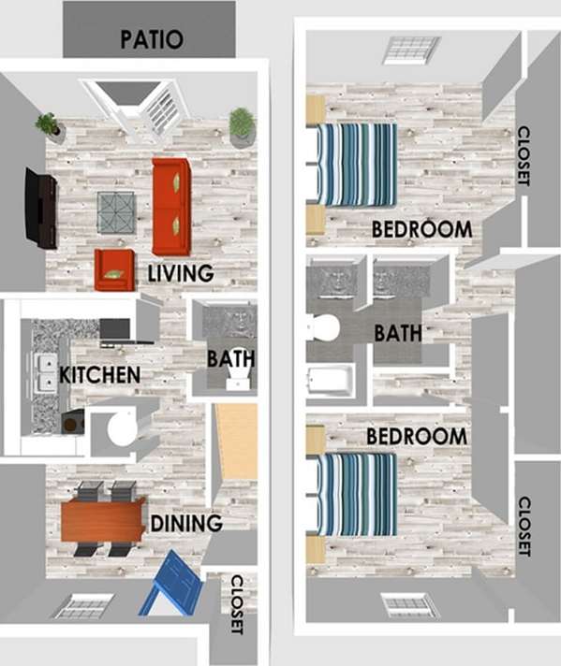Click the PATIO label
tap(151, 40)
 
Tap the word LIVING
tap(181, 274)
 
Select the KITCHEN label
tap(99, 375)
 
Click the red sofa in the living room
tap(171, 207)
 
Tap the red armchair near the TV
tap(113, 269)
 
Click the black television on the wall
tap(40, 208)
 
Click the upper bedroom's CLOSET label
tap(524, 156)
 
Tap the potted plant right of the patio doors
tap(241, 125)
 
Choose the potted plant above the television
tap(47, 124)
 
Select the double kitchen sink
tap(44, 371)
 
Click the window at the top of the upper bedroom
tap(410, 50)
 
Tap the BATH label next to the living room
tap(231, 358)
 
